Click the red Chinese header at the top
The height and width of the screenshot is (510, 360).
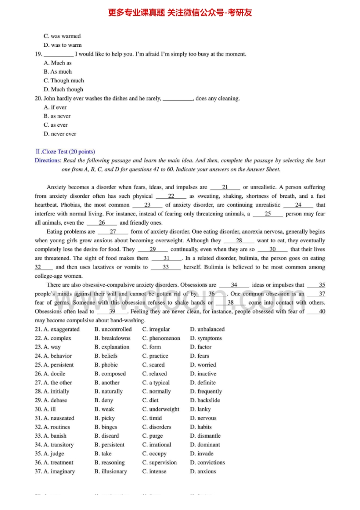tap(180, 13)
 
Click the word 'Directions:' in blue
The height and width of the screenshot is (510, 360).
tap(48, 160)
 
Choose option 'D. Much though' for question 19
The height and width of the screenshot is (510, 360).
tap(63, 90)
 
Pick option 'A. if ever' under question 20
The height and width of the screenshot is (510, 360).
tap(55, 107)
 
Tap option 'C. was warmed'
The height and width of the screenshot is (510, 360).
tap(62, 36)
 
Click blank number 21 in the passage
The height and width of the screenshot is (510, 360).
tap(225, 187)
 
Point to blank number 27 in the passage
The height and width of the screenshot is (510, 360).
tap(113, 232)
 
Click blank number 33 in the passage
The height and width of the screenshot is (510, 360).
tap(165, 267)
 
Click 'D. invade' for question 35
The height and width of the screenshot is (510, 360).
tap(202, 454)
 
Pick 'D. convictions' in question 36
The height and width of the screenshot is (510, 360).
tap(207, 463)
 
